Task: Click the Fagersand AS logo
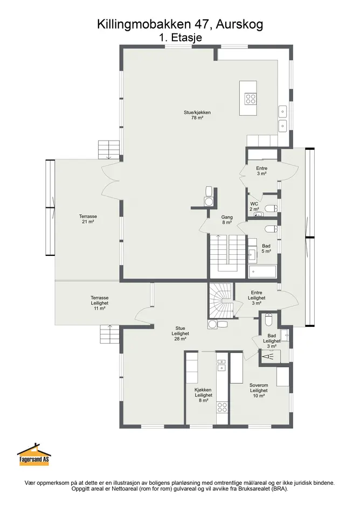click(x=34, y=455)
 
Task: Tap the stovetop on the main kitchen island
click(x=251, y=99)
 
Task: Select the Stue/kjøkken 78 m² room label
click(x=197, y=115)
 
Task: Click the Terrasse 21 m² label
click(x=88, y=219)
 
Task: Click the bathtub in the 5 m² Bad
click(x=262, y=271)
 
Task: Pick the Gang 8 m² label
click(x=227, y=220)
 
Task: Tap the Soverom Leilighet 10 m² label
click(x=259, y=391)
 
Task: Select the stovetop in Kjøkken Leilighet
click(x=222, y=407)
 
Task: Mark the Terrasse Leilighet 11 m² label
click(x=99, y=303)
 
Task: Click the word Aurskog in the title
click(x=239, y=25)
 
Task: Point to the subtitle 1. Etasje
click(x=181, y=38)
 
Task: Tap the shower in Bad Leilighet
click(x=269, y=357)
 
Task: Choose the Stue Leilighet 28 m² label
click(x=180, y=333)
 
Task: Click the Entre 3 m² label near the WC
click(x=261, y=171)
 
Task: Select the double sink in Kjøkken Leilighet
click(x=221, y=365)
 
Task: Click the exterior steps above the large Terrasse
click(x=109, y=150)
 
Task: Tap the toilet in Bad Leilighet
click(x=268, y=320)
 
